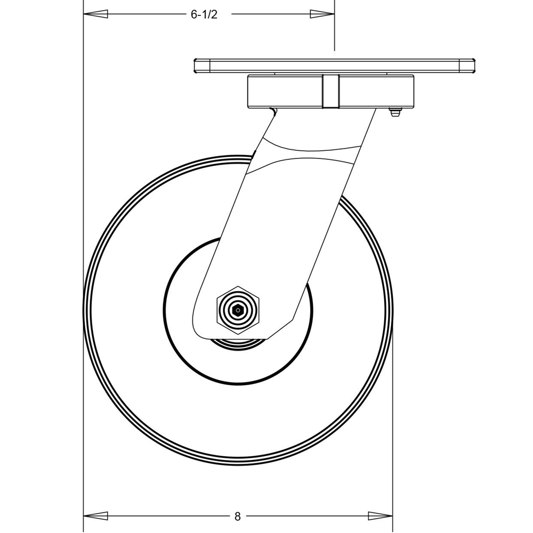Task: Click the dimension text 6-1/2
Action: [204, 14]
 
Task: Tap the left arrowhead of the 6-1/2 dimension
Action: [95, 14]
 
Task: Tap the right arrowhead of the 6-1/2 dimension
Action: [322, 14]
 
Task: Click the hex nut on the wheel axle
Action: [238, 309]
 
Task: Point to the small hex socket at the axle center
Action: [238, 310]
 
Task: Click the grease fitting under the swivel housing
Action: [394, 112]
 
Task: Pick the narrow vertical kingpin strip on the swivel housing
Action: [330, 92]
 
